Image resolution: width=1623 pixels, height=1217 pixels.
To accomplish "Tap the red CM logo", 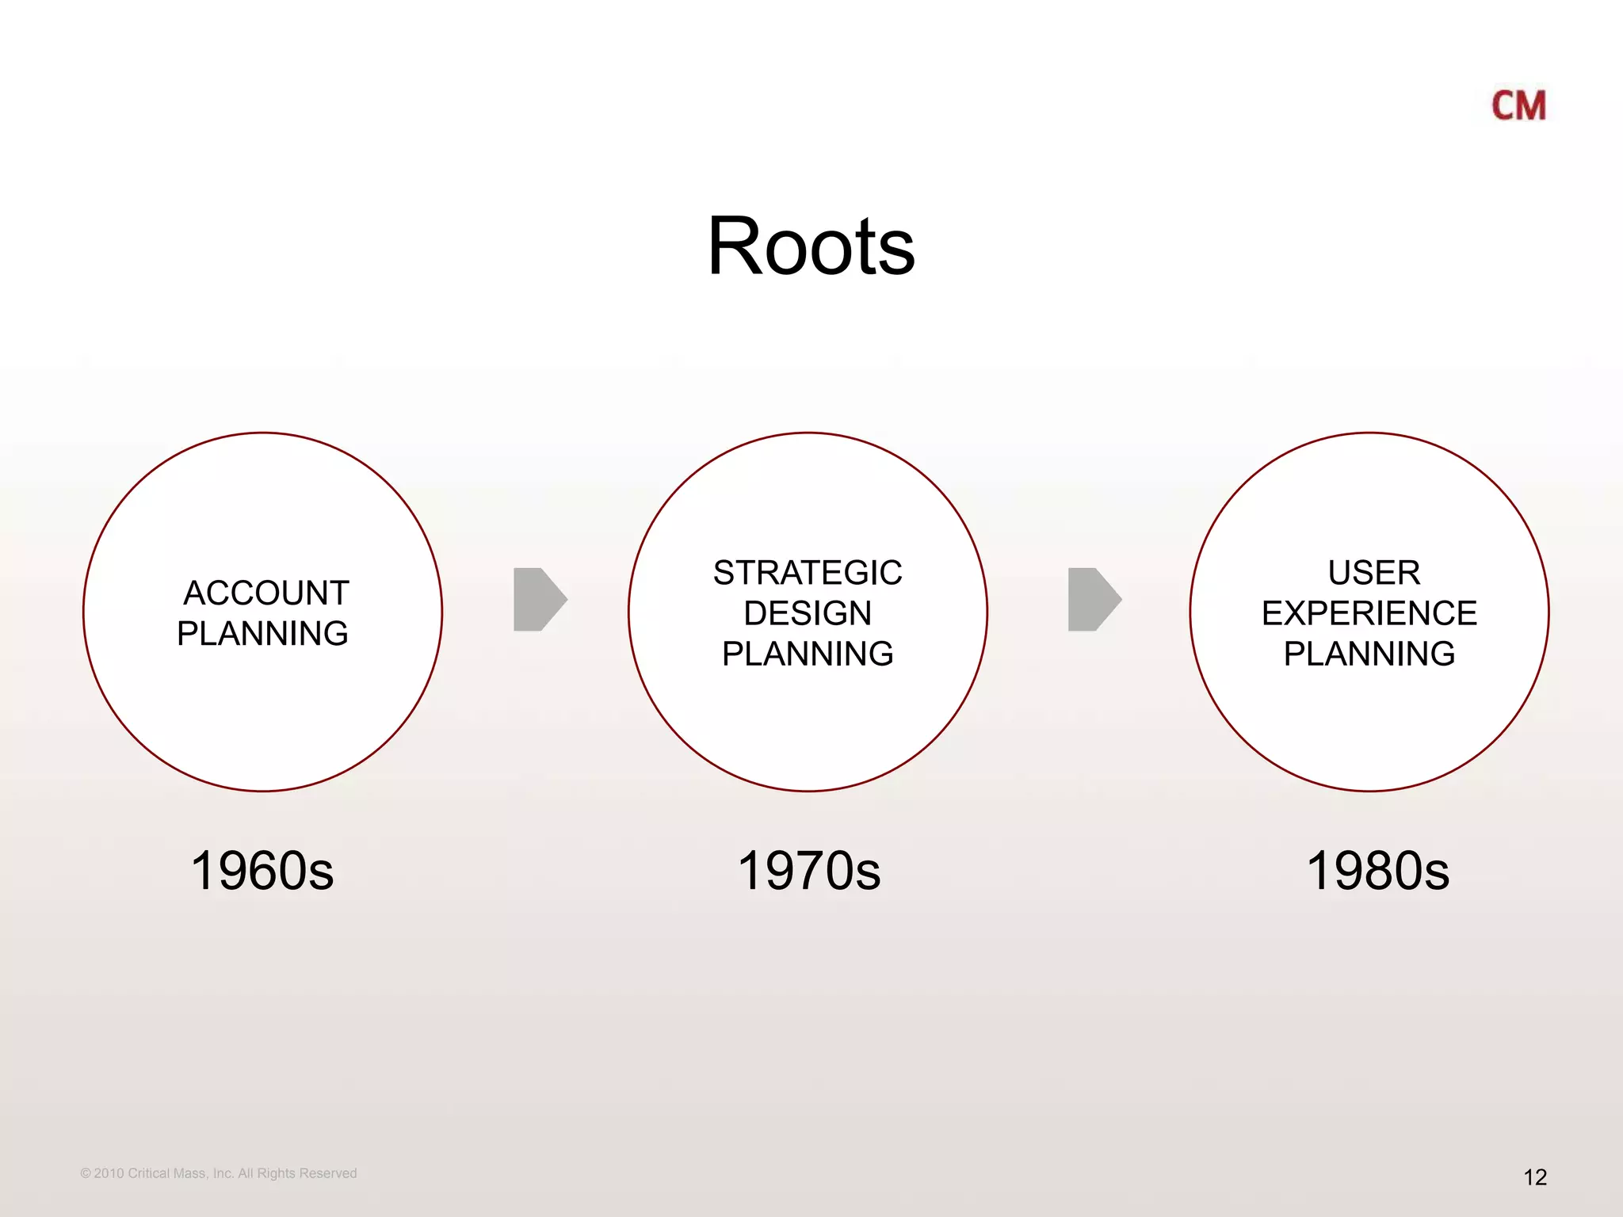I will tap(1518, 106).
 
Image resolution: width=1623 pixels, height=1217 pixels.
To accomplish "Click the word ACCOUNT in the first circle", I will tap(266, 593).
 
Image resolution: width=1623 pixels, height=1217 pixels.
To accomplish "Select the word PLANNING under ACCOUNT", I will tap(262, 634).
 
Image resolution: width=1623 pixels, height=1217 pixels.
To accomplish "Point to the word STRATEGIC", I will tap(808, 573).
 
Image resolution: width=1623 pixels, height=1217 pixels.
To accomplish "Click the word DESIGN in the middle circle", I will tap(808, 613).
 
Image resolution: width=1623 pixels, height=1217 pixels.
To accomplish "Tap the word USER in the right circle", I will tap(1373, 573).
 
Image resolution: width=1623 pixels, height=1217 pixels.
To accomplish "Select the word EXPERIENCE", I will tap(1369, 613).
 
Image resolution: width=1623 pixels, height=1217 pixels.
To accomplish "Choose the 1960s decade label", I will tap(262, 871).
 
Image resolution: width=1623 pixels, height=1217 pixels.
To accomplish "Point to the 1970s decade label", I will tap(809, 871).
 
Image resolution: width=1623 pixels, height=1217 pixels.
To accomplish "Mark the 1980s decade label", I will tap(1377, 871).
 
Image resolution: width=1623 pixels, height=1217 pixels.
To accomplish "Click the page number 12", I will tap(1535, 1177).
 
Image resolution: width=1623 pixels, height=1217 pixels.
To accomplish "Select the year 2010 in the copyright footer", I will tap(109, 1173).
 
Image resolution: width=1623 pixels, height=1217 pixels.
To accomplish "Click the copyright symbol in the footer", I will tap(86, 1173).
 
